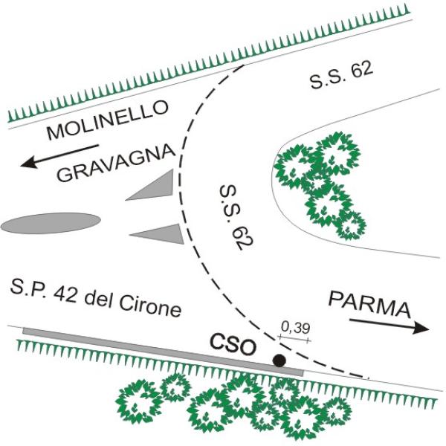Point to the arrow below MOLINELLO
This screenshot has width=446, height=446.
tap(59, 156)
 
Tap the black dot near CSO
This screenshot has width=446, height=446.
tap(279, 361)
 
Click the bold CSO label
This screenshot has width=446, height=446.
tap(233, 346)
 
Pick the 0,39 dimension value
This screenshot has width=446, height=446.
tap(296, 328)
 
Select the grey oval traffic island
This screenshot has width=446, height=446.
tap(51, 223)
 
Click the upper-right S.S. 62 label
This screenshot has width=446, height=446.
tap(341, 76)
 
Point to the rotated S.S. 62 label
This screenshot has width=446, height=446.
tap(236, 217)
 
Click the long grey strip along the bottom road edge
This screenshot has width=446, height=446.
tap(164, 352)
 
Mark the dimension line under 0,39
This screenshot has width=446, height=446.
tap(294, 338)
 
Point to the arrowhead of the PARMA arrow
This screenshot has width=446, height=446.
tap(421, 329)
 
